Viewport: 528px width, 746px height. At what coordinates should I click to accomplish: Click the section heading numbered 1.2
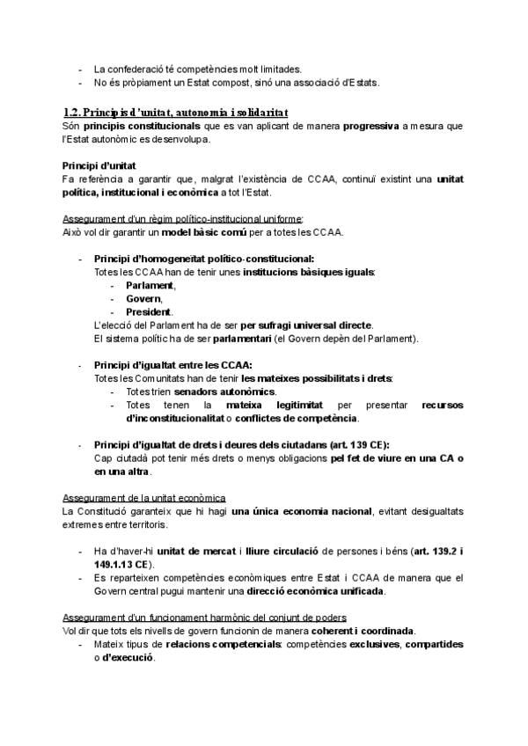(x=175, y=113)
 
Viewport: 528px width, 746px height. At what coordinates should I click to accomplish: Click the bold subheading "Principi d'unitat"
(x=99, y=165)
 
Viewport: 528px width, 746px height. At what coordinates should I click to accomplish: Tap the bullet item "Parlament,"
(x=150, y=286)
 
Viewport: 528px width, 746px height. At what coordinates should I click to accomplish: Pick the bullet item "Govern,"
(x=144, y=299)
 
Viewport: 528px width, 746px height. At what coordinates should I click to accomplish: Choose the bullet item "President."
(x=150, y=312)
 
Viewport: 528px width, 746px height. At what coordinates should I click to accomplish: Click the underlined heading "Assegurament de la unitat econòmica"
(x=144, y=497)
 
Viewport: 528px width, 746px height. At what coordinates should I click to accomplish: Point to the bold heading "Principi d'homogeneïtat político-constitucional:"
(x=203, y=260)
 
